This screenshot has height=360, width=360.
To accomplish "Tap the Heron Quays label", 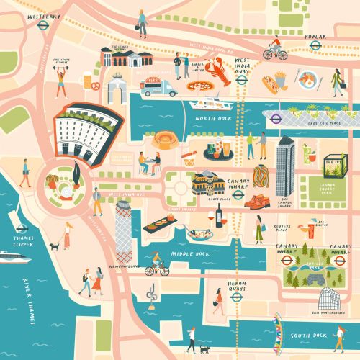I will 238,287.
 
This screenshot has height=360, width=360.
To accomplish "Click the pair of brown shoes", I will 256,204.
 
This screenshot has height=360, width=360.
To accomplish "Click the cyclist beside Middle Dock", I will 156,266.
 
